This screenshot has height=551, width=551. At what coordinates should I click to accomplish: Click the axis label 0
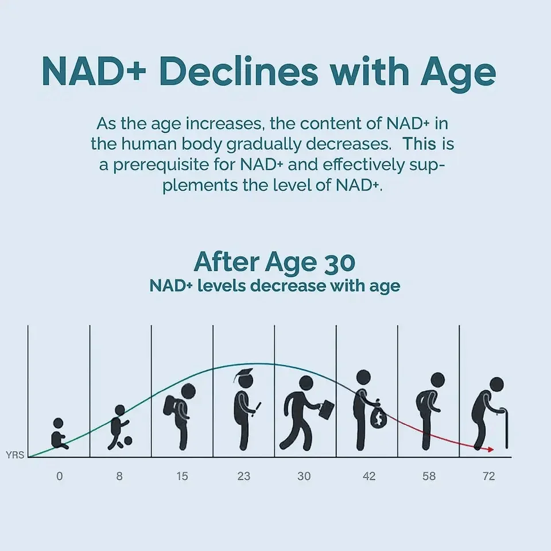click(x=60, y=476)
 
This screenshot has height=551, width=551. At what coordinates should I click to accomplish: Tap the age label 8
click(x=119, y=476)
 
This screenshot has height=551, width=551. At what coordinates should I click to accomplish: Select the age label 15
click(x=182, y=476)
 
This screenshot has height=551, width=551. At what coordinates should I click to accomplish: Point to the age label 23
click(x=243, y=476)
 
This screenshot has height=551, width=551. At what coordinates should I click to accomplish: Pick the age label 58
click(x=429, y=476)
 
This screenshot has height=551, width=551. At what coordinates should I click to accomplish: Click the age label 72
click(x=489, y=476)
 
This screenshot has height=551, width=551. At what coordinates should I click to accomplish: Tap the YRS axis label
click(x=14, y=456)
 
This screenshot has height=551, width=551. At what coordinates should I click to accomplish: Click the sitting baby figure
click(x=59, y=434)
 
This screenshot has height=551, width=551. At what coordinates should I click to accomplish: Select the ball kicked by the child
click(x=127, y=441)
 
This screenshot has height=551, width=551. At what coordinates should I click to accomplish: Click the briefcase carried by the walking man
click(x=327, y=409)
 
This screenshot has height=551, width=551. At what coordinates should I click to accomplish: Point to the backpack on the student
click(x=170, y=408)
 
